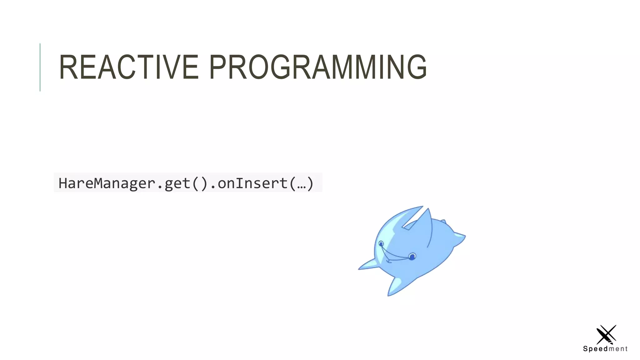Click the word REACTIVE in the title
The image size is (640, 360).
(x=128, y=67)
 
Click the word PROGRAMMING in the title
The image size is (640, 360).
(x=317, y=67)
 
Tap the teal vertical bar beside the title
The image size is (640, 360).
(x=40, y=67)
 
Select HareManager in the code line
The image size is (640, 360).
(x=107, y=183)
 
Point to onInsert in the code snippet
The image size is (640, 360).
(x=252, y=183)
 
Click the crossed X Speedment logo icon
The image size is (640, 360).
(x=606, y=334)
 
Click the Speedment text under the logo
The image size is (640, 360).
(x=605, y=349)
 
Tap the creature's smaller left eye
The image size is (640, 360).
(x=381, y=243)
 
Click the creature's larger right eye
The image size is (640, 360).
(x=412, y=257)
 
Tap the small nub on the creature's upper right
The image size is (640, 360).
(x=443, y=222)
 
